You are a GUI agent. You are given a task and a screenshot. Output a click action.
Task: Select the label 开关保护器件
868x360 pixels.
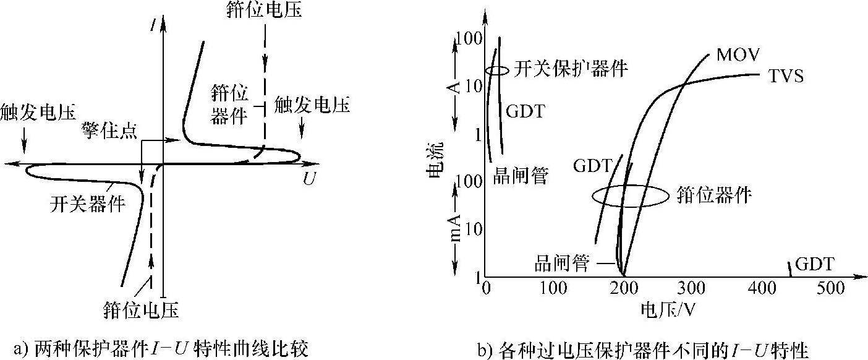pos(571,68)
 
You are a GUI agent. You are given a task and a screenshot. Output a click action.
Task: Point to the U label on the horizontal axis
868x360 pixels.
pos(309,179)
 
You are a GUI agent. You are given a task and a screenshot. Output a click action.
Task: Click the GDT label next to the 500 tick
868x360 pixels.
pos(814,265)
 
